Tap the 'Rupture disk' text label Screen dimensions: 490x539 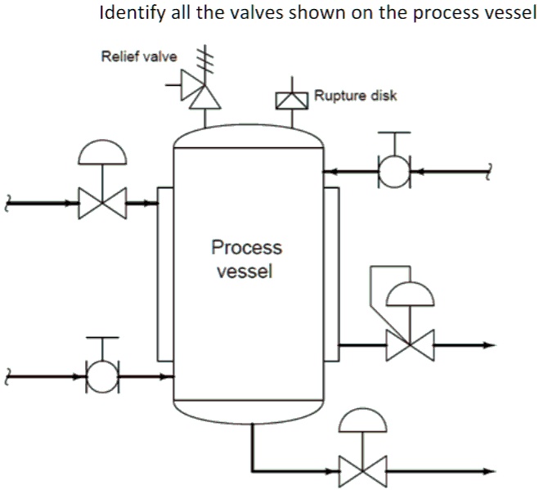click(x=355, y=96)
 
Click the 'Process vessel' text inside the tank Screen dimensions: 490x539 click(x=245, y=258)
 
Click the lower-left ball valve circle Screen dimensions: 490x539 click(x=101, y=377)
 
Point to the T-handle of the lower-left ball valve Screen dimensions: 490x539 click(x=101, y=338)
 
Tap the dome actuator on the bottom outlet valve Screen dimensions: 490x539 click(x=363, y=420)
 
